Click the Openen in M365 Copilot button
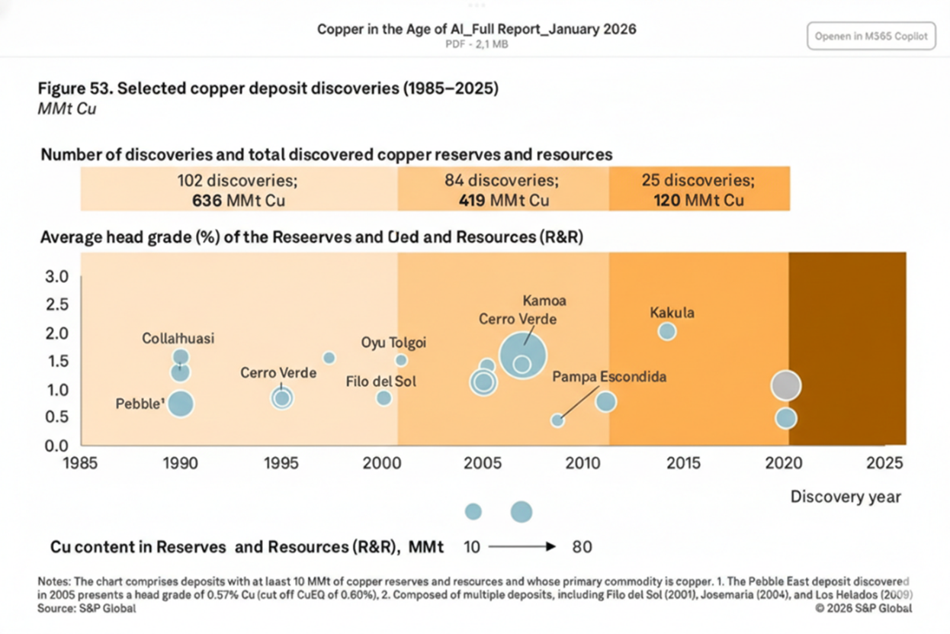871,36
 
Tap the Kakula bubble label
672,313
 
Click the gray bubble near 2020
785,385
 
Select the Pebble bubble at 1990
180,404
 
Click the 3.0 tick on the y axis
59,275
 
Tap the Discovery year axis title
845,497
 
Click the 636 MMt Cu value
239,201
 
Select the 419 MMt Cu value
503,201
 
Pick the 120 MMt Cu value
698,201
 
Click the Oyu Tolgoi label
393,343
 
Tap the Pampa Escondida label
609,377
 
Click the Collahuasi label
178,338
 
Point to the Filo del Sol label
380,381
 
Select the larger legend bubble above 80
521,512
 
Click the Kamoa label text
544,301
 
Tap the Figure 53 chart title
268,89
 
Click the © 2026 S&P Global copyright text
862,608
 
